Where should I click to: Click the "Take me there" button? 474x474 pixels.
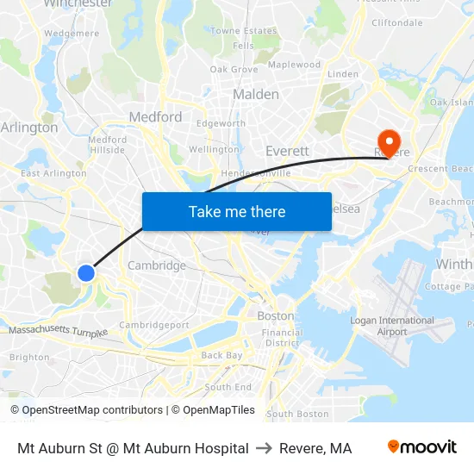(x=237, y=211)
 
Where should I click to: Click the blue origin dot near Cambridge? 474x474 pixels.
(x=86, y=273)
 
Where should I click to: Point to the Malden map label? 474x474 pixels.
(x=256, y=94)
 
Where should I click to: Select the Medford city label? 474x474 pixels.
(x=155, y=116)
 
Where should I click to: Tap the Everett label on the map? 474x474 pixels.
(x=287, y=151)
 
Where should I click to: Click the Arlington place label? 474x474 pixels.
(x=29, y=128)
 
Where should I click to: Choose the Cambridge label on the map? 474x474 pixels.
(x=156, y=265)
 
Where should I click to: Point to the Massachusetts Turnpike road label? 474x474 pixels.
(x=59, y=331)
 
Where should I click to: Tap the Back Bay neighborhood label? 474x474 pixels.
(x=222, y=355)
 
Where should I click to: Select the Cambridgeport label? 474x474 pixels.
(x=154, y=325)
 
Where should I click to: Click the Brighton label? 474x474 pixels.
(x=28, y=357)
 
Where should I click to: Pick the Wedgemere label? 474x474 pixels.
(x=71, y=34)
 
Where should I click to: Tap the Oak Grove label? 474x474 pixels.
(x=234, y=69)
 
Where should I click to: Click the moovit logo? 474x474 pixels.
(x=422, y=447)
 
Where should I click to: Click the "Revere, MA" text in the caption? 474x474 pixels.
(x=315, y=448)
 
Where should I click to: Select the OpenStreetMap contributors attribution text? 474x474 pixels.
(x=86, y=410)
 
